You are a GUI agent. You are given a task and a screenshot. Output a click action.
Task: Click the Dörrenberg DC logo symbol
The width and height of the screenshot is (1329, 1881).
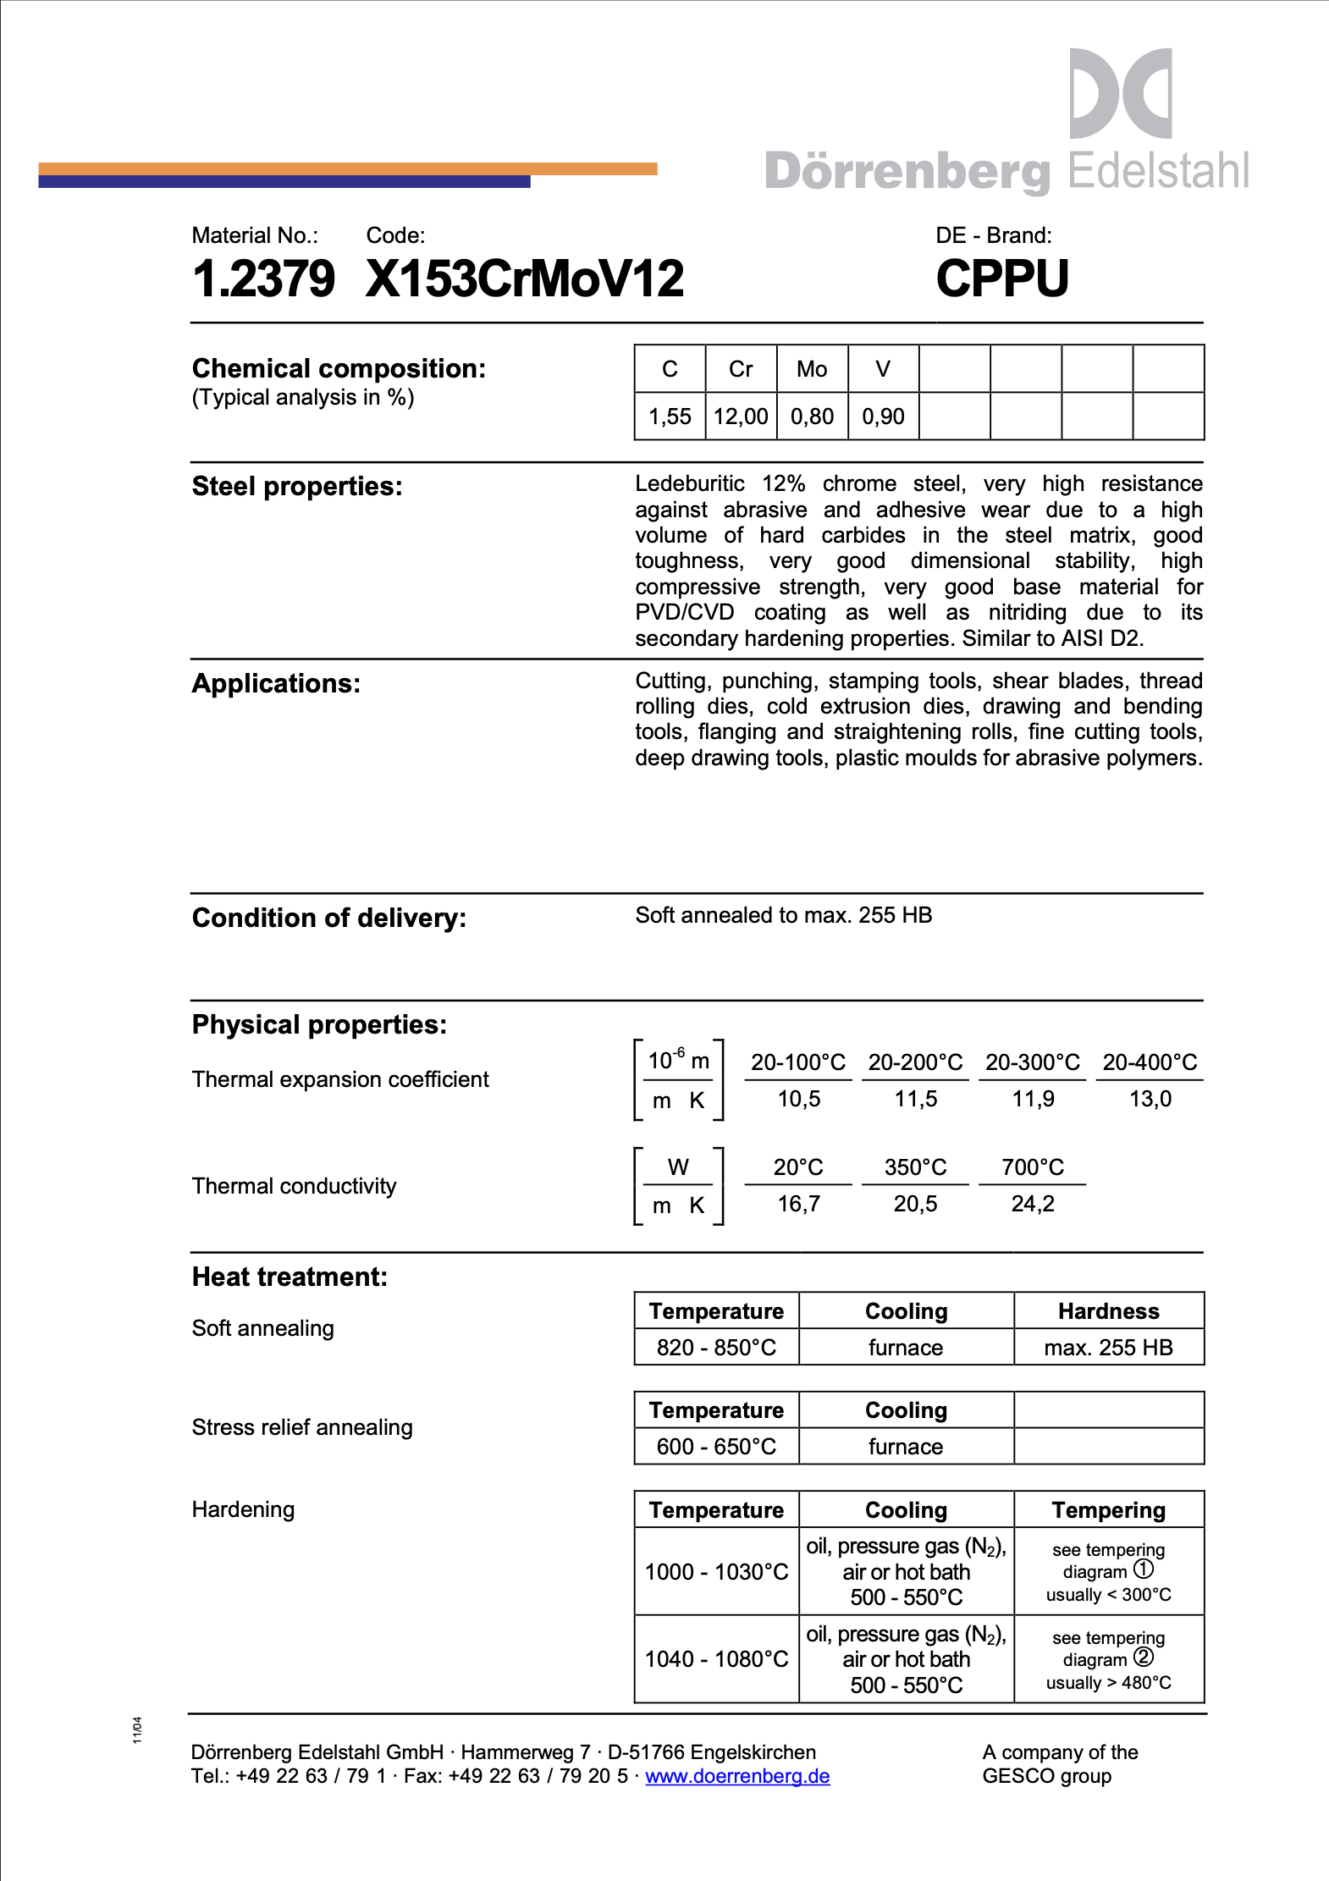click(x=1120, y=93)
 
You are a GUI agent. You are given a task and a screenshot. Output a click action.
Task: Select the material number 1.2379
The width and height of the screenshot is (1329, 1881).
click(x=263, y=279)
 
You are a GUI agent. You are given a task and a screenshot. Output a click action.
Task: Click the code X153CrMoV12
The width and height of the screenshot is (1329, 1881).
click(x=525, y=279)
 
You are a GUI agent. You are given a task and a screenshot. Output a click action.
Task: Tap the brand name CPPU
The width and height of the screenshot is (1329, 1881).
click(x=1002, y=279)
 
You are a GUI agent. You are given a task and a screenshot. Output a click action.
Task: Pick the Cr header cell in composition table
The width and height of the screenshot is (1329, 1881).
click(x=741, y=369)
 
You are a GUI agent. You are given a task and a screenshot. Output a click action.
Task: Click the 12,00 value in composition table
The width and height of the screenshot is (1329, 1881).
click(x=741, y=416)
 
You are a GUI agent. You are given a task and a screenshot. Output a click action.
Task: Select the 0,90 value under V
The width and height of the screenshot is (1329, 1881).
click(x=883, y=416)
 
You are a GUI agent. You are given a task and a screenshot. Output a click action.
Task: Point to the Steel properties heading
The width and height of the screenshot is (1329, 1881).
click(x=297, y=487)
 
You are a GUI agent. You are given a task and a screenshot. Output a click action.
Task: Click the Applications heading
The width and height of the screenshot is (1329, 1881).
click(x=276, y=684)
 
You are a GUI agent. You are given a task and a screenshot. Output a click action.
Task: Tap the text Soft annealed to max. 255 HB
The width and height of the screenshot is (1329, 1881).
click(x=783, y=915)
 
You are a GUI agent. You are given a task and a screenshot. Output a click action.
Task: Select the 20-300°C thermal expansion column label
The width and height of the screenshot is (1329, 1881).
click(x=1033, y=1062)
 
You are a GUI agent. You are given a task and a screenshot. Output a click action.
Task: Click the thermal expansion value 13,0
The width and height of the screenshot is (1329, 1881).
click(x=1150, y=1099)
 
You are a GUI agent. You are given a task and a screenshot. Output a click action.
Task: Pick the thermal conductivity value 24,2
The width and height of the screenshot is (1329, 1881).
click(x=1033, y=1204)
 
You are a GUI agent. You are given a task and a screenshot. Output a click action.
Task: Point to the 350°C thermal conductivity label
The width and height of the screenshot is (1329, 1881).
click(x=915, y=1167)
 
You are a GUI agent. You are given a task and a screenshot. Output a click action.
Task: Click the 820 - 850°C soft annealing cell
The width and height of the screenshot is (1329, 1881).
click(x=716, y=1348)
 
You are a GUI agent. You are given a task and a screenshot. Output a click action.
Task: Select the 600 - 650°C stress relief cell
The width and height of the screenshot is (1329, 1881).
click(x=716, y=1447)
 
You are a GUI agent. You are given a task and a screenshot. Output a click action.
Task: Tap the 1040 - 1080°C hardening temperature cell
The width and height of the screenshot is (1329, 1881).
click(x=716, y=1659)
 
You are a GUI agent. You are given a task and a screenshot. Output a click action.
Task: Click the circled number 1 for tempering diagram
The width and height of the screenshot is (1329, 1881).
click(x=1144, y=1569)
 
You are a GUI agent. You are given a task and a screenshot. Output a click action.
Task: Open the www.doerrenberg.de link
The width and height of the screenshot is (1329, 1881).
click(x=737, y=1776)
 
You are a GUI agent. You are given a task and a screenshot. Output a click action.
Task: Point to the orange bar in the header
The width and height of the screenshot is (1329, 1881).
click(x=593, y=168)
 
